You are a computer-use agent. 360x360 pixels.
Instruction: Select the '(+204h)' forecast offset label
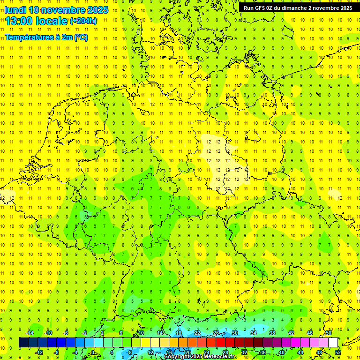click(83, 21)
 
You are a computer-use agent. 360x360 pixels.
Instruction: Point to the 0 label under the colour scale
click(92, 352)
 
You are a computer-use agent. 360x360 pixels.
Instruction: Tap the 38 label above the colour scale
click(272, 333)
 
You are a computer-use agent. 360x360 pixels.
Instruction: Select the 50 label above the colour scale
click(328, 333)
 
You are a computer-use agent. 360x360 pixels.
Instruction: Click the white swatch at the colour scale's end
click(333, 343)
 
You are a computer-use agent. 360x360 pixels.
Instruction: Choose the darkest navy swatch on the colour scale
click(23, 343)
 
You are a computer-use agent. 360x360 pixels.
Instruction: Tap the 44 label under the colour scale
click(300, 352)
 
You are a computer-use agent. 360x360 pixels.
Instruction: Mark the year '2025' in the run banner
click(346, 8)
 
